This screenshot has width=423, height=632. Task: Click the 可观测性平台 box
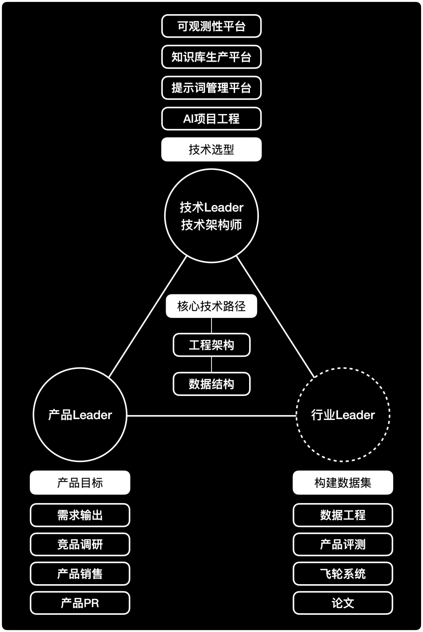(x=211, y=26)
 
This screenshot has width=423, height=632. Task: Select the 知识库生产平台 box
(x=211, y=57)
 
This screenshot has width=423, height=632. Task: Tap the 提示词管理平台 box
(x=211, y=88)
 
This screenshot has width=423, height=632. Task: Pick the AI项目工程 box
(x=211, y=119)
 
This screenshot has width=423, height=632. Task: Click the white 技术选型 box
(x=211, y=149)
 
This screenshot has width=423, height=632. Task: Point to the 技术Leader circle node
(x=211, y=216)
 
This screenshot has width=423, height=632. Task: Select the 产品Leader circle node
(x=80, y=415)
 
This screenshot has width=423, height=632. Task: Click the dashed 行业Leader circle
(x=343, y=415)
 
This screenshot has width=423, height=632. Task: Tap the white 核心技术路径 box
(x=211, y=306)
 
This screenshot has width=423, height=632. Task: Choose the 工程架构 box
(x=211, y=345)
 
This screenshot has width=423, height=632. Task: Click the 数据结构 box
(x=211, y=384)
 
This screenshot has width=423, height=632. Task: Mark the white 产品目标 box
(x=80, y=483)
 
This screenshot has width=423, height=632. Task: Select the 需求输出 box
(x=80, y=515)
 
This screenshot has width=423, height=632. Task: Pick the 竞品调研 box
(x=80, y=545)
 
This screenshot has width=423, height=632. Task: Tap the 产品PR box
(x=80, y=603)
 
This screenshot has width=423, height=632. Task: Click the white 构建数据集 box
(x=343, y=483)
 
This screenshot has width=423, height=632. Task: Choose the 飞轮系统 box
(x=343, y=574)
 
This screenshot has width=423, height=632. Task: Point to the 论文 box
(x=343, y=603)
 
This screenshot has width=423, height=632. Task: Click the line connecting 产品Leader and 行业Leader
(x=211, y=416)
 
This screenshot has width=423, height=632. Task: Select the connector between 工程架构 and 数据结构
(x=211, y=365)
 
